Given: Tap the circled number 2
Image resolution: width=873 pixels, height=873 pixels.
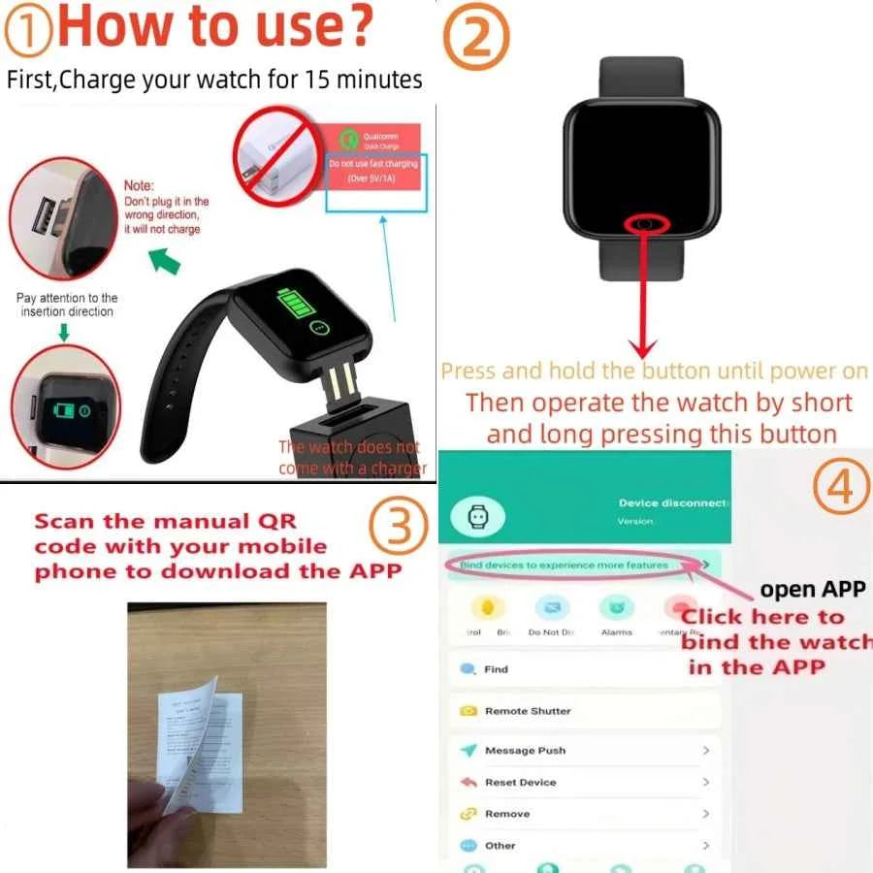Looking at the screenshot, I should [475, 36].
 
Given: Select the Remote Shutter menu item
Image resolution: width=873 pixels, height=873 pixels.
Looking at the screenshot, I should [528, 711].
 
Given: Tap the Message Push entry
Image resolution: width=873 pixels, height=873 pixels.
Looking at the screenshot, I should [525, 751].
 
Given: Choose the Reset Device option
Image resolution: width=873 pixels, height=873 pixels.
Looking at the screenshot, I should [520, 782].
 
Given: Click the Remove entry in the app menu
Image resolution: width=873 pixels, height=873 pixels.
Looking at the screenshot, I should [506, 814].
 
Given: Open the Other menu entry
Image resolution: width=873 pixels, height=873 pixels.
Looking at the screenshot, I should [500, 846].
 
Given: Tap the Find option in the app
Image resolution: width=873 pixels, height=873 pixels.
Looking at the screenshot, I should [496, 669].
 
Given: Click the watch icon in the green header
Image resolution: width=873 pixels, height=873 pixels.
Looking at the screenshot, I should [477, 517].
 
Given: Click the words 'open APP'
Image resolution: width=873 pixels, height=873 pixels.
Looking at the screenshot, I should [814, 590].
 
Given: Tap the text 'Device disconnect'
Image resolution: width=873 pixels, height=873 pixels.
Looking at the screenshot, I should [673, 502].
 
